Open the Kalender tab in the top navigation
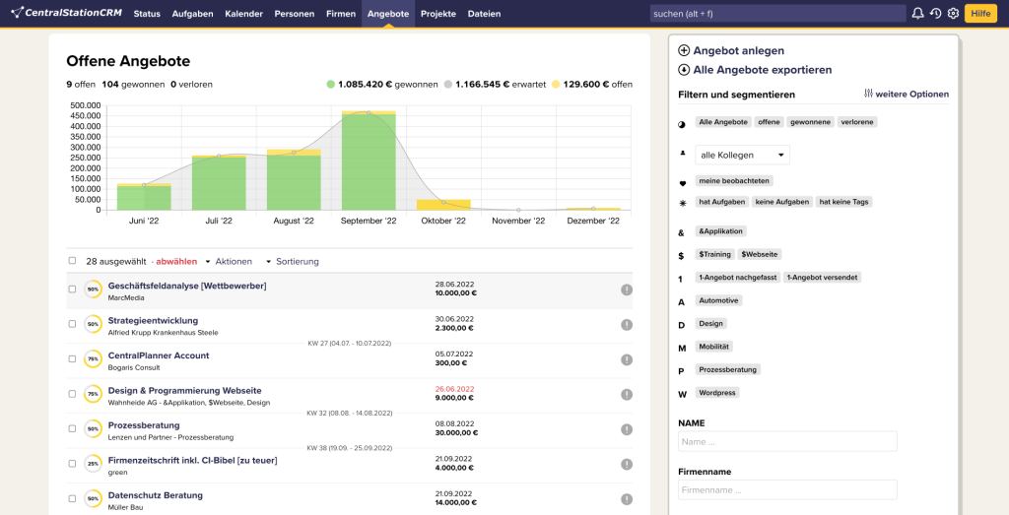click(x=243, y=14)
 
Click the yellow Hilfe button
click(x=979, y=13)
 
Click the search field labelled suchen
click(x=776, y=14)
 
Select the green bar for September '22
click(x=369, y=162)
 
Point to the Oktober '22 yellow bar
click(x=443, y=204)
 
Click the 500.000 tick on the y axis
click(x=86, y=105)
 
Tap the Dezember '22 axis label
click(x=593, y=222)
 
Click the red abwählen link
click(x=177, y=261)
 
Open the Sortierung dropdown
click(x=297, y=261)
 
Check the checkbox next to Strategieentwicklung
click(x=72, y=324)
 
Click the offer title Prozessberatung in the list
click(x=144, y=425)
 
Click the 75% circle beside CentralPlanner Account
click(x=93, y=359)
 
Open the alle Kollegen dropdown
click(x=742, y=155)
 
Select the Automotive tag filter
click(x=718, y=300)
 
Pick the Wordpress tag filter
click(x=717, y=392)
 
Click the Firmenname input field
click(x=787, y=489)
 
